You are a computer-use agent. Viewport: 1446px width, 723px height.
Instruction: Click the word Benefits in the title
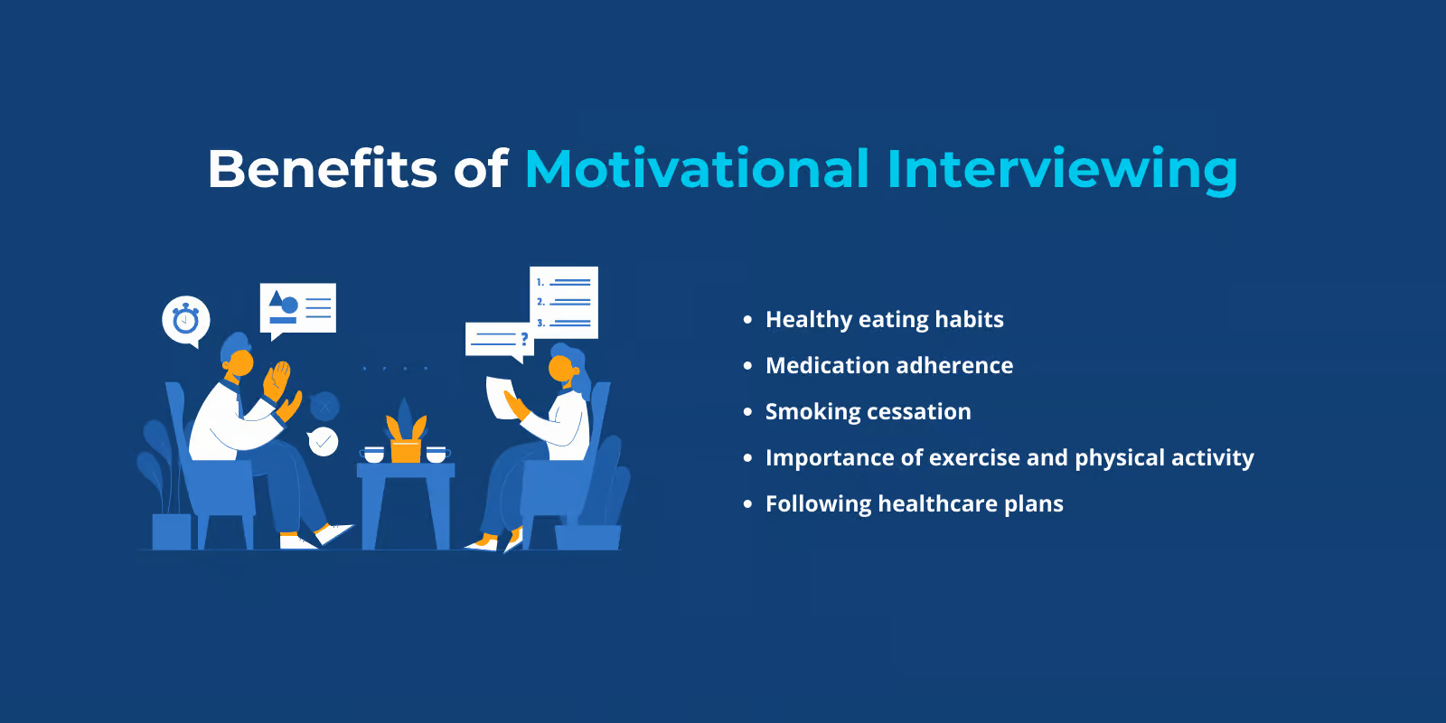click(322, 168)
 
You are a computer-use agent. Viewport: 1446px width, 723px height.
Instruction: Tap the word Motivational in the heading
click(697, 168)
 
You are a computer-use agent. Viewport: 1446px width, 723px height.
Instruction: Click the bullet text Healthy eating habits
click(885, 320)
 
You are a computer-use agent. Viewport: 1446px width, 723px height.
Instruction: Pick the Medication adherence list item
click(889, 365)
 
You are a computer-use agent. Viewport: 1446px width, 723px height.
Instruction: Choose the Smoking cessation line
click(868, 412)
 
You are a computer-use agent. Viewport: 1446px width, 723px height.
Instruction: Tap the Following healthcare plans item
click(914, 503)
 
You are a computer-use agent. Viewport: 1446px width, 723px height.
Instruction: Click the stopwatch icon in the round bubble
click(186, 320)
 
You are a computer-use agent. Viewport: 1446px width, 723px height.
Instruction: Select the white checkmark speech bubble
click(322, 442)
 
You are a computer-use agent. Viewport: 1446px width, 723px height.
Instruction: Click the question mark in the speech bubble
click(524, 338)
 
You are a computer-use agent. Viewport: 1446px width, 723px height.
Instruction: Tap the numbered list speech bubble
click(564, 302)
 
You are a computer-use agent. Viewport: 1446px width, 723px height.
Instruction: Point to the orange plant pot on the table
click(406, 451)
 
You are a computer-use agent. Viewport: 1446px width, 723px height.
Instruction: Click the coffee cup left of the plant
click(374, 455)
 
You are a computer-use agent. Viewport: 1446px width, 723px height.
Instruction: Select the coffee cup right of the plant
click(437, 455)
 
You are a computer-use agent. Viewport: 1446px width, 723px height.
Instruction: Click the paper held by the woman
click(501, 398)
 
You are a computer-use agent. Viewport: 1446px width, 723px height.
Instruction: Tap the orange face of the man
click(241, 362)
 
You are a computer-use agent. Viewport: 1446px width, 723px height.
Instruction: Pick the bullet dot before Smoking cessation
click(747, 412)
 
